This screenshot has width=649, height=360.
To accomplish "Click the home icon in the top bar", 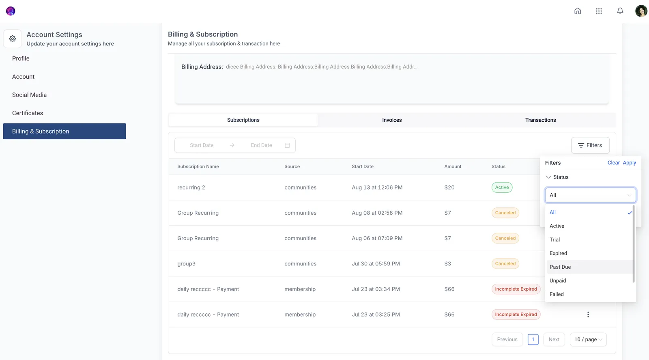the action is (578, 11).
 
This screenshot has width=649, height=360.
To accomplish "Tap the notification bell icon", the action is (620, 11).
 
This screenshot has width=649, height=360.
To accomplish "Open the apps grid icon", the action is (599, 11).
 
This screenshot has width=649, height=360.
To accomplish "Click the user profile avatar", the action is (641, 11).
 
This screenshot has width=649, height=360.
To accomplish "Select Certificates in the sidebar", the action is (28, 113).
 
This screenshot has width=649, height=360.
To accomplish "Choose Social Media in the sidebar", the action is (29, 95).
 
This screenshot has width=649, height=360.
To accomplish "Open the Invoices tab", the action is (392, 120).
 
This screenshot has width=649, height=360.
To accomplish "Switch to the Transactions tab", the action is (540, 120).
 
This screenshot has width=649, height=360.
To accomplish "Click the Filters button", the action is (590, 145).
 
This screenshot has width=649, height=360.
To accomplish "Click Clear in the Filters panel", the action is (613, 163).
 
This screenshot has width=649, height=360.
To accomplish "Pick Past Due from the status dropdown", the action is (560, 267).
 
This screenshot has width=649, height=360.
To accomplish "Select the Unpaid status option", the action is (558, 280).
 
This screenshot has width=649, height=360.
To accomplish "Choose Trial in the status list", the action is (554, 240).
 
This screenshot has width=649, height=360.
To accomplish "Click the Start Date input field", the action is (202, 145).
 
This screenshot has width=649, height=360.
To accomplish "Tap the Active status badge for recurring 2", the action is (502, 187).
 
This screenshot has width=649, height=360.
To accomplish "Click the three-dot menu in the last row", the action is (588, 315).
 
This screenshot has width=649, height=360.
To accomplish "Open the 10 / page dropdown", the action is (588, 339).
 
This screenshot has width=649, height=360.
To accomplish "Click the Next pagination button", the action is (554, 339).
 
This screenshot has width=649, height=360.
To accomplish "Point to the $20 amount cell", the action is (449, 188).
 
